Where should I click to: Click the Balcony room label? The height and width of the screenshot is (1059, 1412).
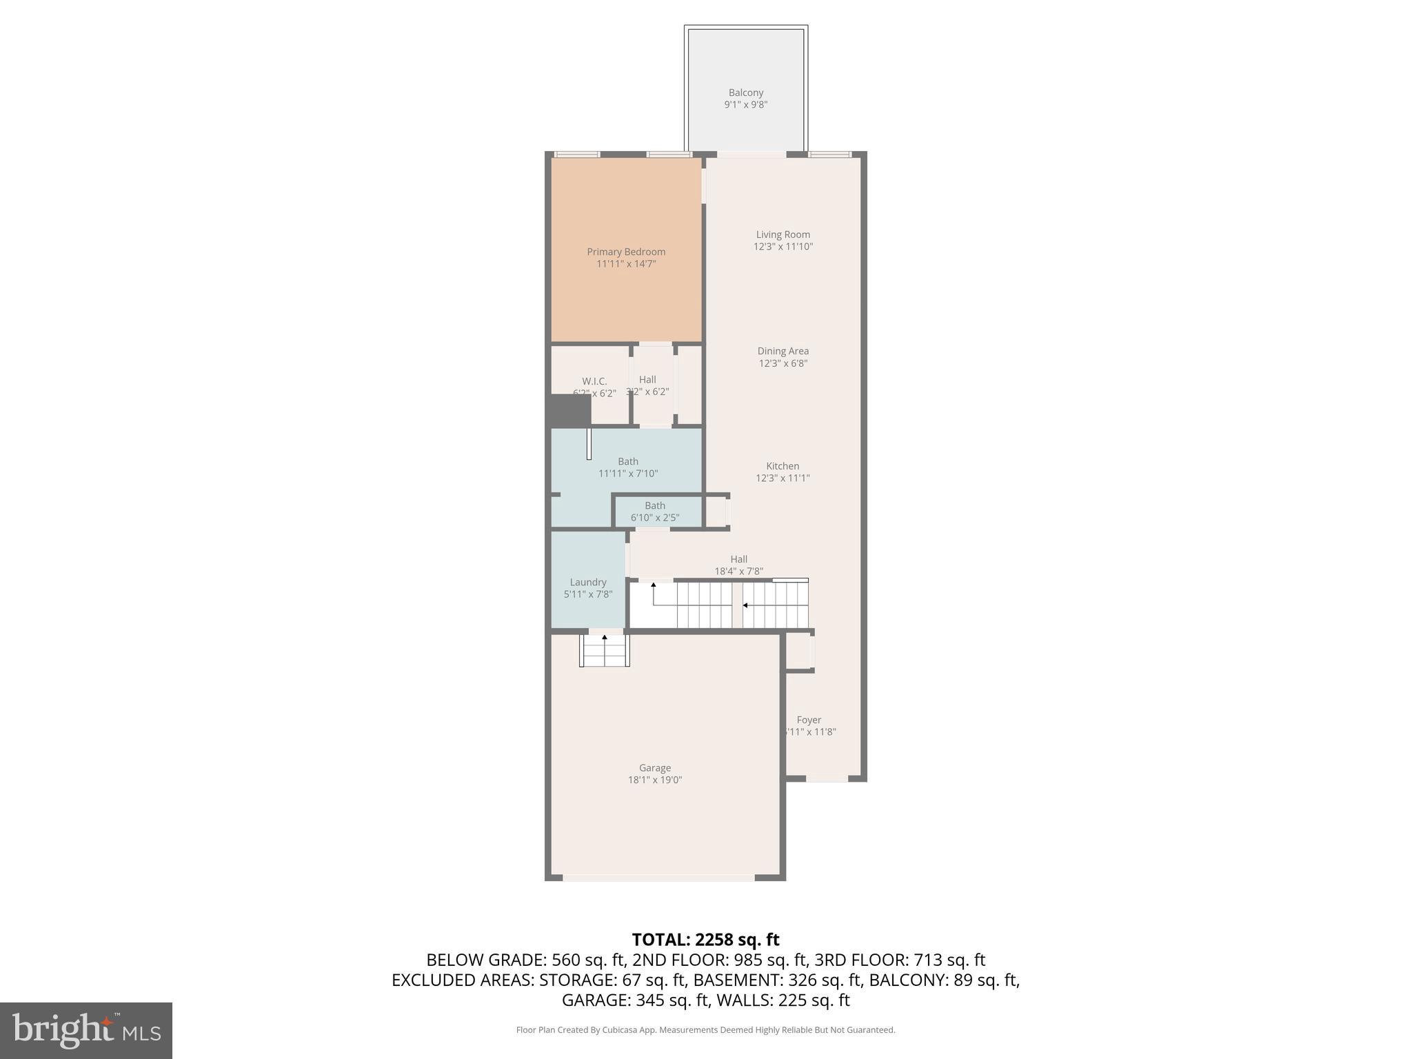click(745, 92)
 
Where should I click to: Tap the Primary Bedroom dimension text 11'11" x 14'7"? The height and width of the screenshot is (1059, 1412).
click(625, 264)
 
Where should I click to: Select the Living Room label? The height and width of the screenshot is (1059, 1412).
click(783, 234)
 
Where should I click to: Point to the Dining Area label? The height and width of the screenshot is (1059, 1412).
click(783, 351)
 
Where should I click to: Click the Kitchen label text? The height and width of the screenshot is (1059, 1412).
click(783, 466)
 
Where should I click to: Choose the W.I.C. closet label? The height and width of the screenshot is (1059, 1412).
click(594, 381)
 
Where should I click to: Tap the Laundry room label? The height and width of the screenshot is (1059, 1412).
click(587, 582)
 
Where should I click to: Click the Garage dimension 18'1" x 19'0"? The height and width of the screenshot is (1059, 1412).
click(654, 780)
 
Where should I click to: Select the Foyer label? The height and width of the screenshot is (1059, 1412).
click(809, 720)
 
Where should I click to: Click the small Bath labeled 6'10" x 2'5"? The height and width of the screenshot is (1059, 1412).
click(655, 512)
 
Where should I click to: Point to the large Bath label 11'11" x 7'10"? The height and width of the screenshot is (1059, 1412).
click(627, 467)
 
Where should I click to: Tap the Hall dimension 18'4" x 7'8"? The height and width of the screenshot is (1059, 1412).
click(738, 572)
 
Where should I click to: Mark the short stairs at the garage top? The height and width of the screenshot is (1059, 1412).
click(605, 651)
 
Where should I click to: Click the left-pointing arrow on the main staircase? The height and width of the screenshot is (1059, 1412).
click(745, 605)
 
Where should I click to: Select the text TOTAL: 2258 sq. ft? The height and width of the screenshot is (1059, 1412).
click(705, 940)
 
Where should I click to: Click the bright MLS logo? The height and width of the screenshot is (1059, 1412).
click(86, 1030)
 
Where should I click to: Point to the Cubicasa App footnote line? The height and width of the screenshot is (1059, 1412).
click(705, 1030)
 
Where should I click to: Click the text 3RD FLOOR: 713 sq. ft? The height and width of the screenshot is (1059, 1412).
click(899, 960)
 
